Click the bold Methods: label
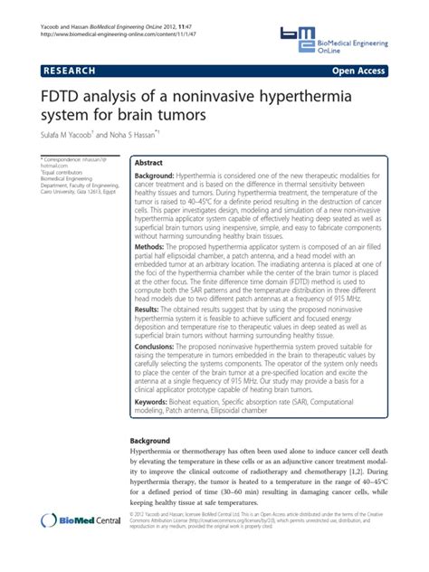(x=149, y=272)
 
